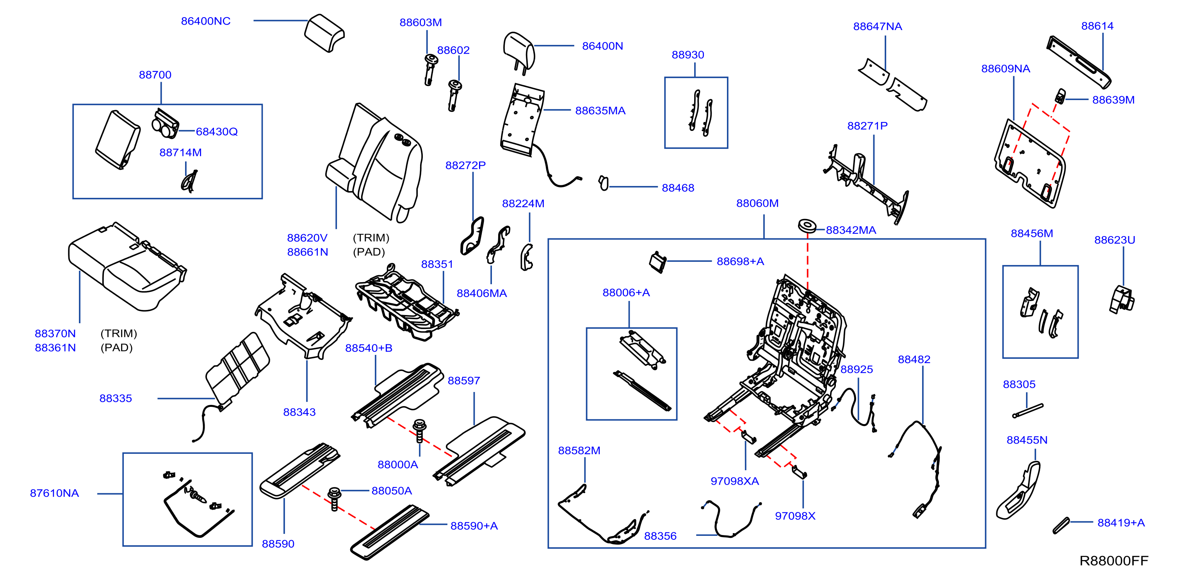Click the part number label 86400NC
click(x=205, y=21)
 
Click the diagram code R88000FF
click(x=1113, y=560)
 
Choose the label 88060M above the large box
click(x=757, y=203)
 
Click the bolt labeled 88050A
click(x=334, y=499)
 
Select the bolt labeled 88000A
click(x=419, y=431)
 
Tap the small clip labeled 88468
click(x=603, y=183)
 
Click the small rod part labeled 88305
click(x=1028, y=411)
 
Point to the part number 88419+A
click(x=1121, y=523)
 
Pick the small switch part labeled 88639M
click(x=1060, y=96)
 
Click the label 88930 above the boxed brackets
click(x=688, y=55)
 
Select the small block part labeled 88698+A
click(x=657, y=261)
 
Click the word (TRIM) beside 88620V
click(x=371, y=238)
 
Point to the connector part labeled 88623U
click(x=1122, y=299)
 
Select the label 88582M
click(x=579, y=450)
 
